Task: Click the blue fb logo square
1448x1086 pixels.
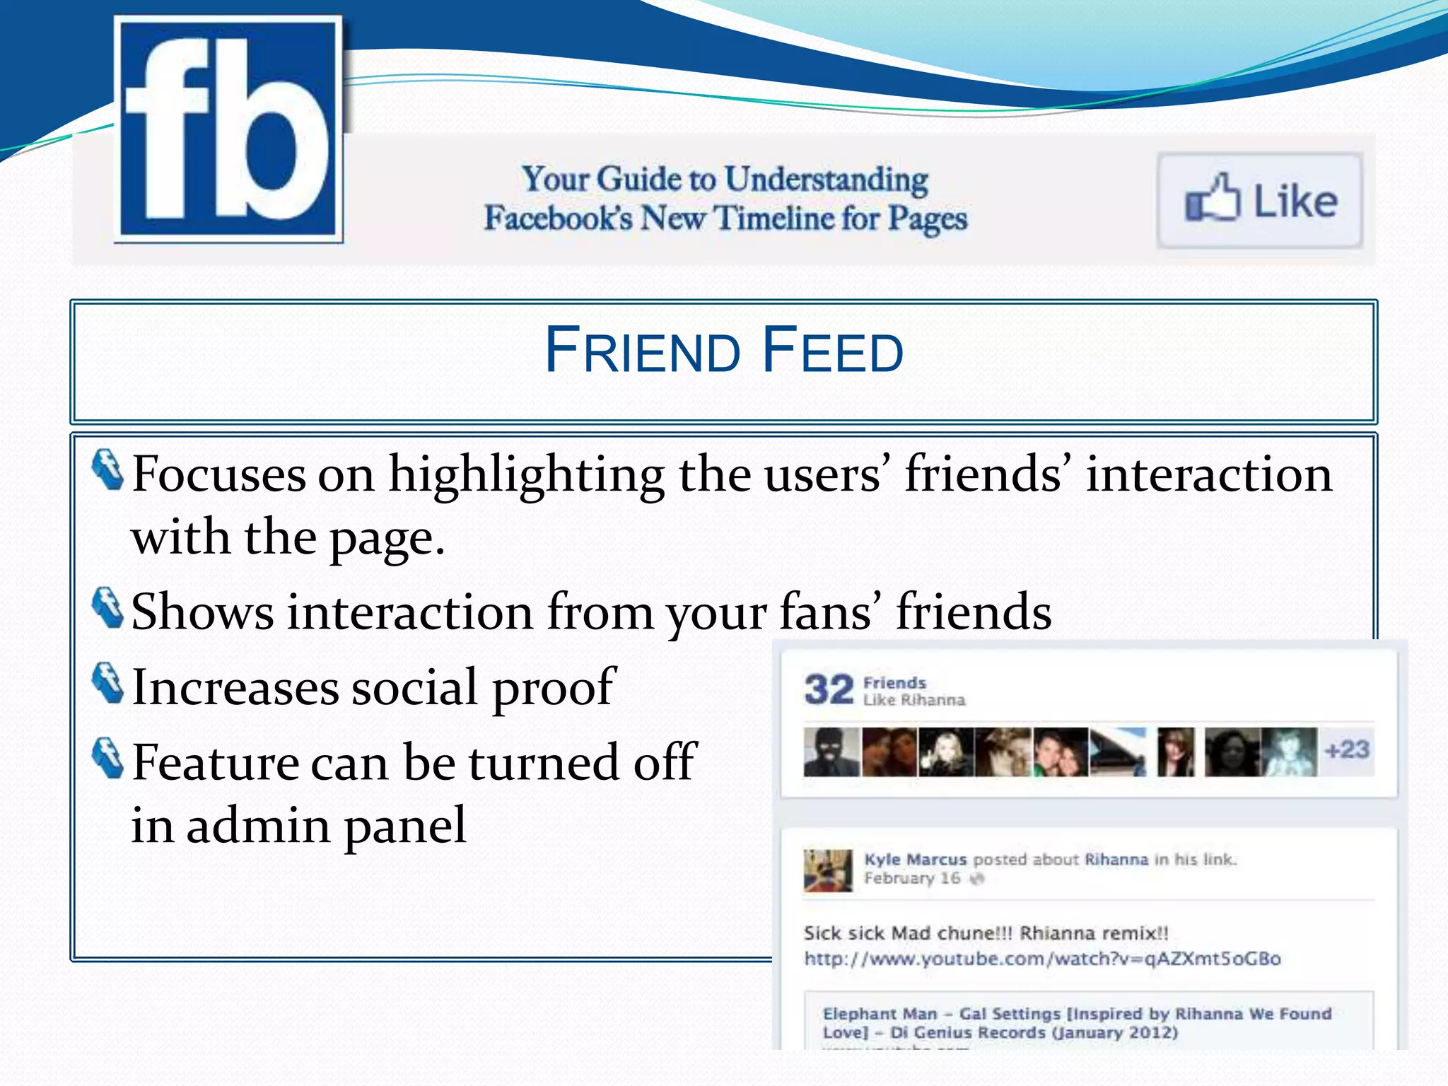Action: click(228, 129)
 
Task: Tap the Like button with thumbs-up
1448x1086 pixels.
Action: click(1260, 201)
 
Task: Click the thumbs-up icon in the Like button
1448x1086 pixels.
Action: click(1212, 199)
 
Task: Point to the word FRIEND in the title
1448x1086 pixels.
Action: click(642, 351)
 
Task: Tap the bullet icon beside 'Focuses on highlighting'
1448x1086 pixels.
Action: click(108, 469)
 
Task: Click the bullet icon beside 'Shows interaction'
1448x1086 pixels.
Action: click(108, 607)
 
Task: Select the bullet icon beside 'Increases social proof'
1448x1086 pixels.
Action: click(108, 683)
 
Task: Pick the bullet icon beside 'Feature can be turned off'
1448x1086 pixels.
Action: click(108, 759)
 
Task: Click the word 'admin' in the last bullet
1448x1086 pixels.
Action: click(258, 826)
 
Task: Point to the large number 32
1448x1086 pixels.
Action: click(829, 689)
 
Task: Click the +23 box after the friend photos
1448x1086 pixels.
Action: click(1347, 750)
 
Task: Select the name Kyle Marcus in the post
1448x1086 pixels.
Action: click(915, 860)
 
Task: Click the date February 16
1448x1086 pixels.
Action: click(911, 879)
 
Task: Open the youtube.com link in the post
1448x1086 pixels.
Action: click(1042, 959)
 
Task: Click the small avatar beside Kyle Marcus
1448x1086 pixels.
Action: click(827, 870)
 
